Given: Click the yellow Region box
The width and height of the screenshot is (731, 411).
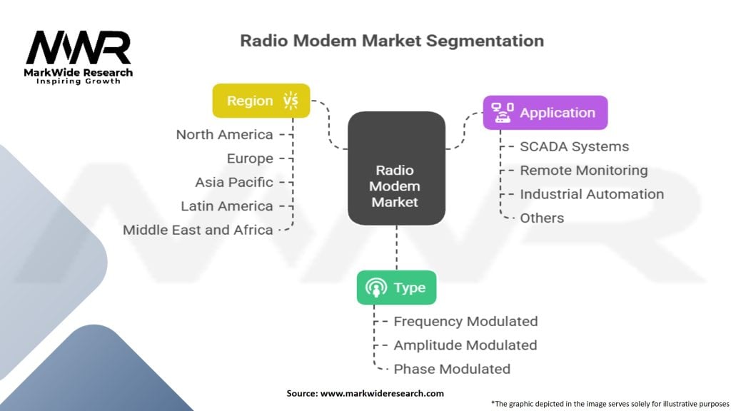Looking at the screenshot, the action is pos(261,101).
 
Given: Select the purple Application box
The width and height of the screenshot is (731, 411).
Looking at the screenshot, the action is pos(545,113).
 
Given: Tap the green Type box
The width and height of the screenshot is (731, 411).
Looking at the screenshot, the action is pos(396,288).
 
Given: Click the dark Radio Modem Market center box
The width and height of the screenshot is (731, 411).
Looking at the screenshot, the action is pos(396,168).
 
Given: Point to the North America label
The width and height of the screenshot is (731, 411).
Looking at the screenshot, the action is pos(224,135).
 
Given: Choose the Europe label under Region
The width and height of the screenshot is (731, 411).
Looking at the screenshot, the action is pos(250,159).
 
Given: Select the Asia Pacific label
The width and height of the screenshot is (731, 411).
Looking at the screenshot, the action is pos(234,182).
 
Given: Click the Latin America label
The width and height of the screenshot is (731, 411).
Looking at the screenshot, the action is pos(227,206).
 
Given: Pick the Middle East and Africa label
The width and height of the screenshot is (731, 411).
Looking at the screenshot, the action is pos(198,230).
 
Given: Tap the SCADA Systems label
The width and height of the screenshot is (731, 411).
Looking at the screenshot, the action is pos(575,147).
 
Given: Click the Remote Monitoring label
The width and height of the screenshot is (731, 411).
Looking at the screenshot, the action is pos(584,171).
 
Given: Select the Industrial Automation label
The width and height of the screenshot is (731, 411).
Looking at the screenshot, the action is pos(592,194).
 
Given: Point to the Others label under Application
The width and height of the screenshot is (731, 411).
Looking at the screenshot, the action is pos(542,218).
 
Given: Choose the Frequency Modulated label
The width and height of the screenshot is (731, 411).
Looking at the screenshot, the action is pos(465,322).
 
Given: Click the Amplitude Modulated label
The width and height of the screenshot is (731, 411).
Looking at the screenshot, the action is pos(465,345).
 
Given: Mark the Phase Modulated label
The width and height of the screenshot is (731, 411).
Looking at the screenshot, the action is pos(452,369).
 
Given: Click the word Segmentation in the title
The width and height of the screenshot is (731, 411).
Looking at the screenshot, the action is pos(485,41).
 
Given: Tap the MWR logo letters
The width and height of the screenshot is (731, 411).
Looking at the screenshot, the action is pos(79,47).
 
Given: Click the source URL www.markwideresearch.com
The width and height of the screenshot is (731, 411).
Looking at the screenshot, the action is pos(382,393).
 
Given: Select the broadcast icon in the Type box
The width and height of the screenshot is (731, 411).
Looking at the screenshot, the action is pos(376,288).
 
